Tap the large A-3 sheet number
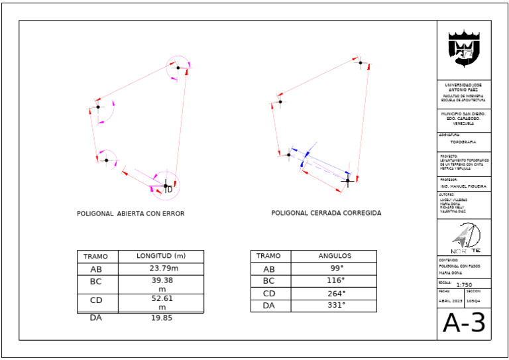click(464, 323)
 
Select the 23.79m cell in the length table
click(161, 269)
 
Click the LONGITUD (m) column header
click(161, 256)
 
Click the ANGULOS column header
click(334, 256)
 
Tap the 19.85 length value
click(161, 318)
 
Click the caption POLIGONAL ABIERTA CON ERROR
click(131, 214)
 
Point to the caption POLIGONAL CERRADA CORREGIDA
click(326, 213)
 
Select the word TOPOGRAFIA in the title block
click(464, 142)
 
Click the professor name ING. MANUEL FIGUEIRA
click(463, 187)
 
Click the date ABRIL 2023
click(451, 300)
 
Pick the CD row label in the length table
click(97, 300)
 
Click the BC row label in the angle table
click(268, 281)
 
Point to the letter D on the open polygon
click(170, 190)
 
